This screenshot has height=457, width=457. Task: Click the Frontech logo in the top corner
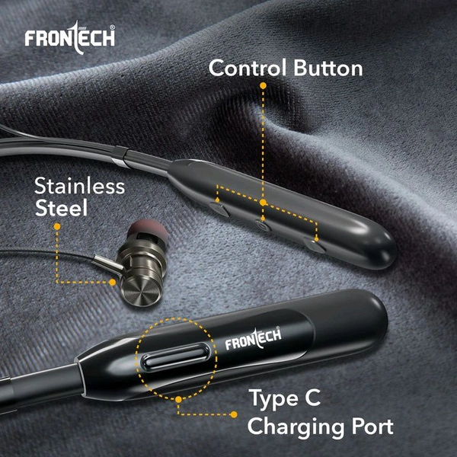click(x=70, y=37)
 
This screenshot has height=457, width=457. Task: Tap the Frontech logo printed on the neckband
click(x=253, y=338)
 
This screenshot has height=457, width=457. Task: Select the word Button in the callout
click(x=328, y=68)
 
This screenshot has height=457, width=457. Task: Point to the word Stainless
click(x=79, y=186)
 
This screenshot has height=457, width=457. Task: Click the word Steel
click(x=61, y=207)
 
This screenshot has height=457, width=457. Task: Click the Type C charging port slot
click(x=176, y=357)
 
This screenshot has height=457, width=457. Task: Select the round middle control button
click(x=261, y=225)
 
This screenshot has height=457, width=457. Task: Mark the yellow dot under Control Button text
click(x=263, y=85)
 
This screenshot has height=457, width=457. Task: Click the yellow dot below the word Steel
click(x=57, y=226)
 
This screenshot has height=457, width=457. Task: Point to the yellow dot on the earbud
click(x=112, y=282)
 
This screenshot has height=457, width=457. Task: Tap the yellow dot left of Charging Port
click(x=234, y=414)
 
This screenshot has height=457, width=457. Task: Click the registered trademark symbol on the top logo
click(x=112, y=27)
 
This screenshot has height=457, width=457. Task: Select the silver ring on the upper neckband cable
click(x=120, y=158)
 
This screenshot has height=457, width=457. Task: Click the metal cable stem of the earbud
click(x=108, y=263)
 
